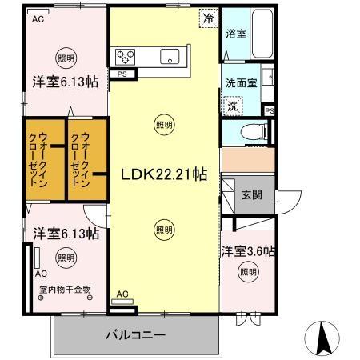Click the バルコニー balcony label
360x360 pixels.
pyautogui.click(x=136, y=334)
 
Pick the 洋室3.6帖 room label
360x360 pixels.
pyautogui.click(x=248, y=251)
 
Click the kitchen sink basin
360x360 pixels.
pyautogui.click(x=169, y=55)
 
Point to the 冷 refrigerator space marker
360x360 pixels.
pyautogui.click(x=208, y=18)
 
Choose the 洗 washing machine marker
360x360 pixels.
pyautogui.click(x=233, y=106)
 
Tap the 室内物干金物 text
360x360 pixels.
pyautogui.click(x=65, y=289)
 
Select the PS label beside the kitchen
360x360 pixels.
pyautogui.click(x=122, y=74)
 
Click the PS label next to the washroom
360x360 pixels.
pyautogui.click(x=270, y=110)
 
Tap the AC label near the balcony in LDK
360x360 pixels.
pyautogui.click(x=122, y=294)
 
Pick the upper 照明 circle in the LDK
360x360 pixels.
pyautogui.click(x=163, y=124)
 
